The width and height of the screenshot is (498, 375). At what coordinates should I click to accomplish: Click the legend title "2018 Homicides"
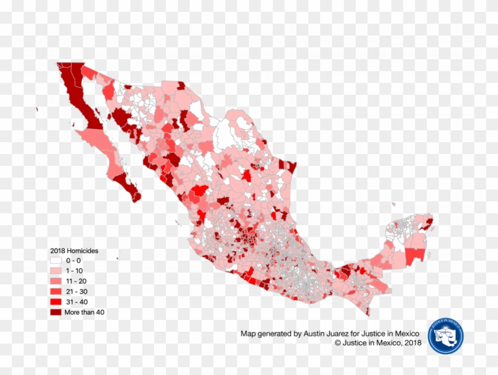(x=74, y=251)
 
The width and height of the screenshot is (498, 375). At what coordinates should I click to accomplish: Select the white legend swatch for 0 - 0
(x=56, y=260)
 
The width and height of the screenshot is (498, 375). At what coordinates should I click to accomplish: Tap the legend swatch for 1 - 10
(x=56, y=271)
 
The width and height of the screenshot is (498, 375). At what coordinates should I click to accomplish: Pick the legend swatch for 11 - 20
(x=56, y=281)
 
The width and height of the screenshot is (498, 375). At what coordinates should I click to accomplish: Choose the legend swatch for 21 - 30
(x=56, y=291)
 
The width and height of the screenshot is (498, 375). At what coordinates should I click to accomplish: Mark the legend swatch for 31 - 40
(x=56, y=302)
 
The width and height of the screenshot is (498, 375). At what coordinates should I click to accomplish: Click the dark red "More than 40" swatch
(x=56, y=312)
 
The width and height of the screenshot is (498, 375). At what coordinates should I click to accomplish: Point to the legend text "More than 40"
(x=85, y=312)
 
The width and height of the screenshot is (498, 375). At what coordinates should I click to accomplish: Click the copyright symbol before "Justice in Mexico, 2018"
(x=338, y=342)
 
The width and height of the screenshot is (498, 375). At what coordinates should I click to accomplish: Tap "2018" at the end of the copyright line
(x=413, y=342)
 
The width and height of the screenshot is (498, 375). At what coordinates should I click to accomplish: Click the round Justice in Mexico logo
(x=445, y=336)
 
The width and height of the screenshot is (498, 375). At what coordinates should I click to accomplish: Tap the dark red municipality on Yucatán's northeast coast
(x=428, y=223)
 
